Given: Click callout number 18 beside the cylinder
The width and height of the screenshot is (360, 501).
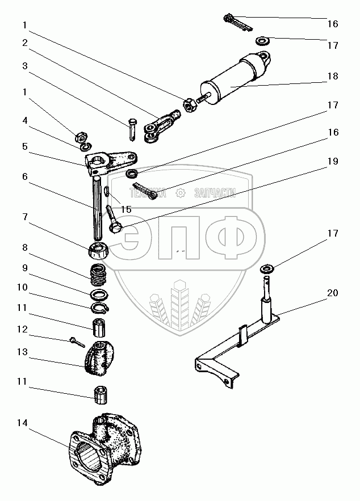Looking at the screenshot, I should [333, 76].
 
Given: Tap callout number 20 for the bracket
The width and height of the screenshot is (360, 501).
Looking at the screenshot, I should [333, 293].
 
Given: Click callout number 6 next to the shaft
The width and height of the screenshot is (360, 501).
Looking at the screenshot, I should [24, 177].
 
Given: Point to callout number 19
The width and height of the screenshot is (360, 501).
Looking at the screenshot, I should [333, 161].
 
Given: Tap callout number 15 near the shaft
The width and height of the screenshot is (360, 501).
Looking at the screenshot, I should [126, 209].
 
